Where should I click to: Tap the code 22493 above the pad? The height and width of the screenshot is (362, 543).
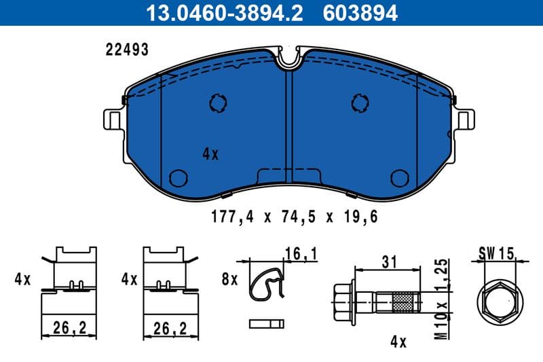point(127,50)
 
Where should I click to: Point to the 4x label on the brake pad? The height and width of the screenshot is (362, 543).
point(210,154)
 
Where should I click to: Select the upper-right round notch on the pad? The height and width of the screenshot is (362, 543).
point(360,103)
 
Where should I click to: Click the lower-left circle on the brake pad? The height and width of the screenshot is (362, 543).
point(178,178)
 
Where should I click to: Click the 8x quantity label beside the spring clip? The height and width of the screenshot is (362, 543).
point(230,279)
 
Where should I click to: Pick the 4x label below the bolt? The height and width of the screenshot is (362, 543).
point(398,342)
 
